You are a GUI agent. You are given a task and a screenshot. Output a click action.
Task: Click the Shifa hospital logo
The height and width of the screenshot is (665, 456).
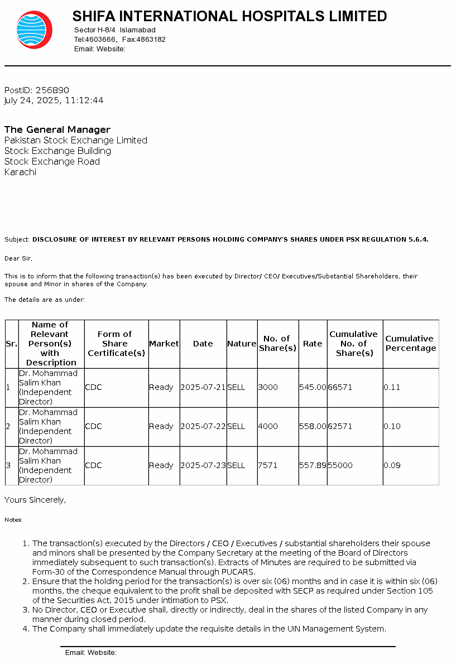pyautogui.click(x=34, y=30)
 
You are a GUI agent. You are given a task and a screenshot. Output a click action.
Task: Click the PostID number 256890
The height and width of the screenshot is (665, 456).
pyautogui.click(x=52, y=90)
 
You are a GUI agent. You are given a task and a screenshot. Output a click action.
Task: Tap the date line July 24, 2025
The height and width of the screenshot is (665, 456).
pyautogui.click(x=54, y=100)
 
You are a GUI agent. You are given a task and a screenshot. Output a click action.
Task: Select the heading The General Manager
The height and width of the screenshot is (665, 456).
pyautogui.click(x=57, y=130)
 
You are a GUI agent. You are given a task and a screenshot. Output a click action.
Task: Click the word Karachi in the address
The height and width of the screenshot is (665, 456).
pyautogui.click(x=20, y=172)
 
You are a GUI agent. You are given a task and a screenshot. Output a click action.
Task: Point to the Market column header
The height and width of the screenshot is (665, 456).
pyautogui.click(x=164, y=344)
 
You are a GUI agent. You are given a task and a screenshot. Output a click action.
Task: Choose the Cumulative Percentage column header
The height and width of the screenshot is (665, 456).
pyautogui.click(x=410, y=344)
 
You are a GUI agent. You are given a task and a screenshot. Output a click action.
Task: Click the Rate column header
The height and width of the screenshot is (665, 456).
pyautogui.click(x=313, y=344)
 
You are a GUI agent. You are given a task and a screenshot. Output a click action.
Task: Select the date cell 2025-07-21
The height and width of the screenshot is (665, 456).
pyautogui.click(x=203, y=388)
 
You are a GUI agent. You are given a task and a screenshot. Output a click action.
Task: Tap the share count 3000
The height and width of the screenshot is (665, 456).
pyautogui.click(x=268, y=388)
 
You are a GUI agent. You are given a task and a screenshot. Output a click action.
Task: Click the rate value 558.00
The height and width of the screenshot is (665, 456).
pyautogui.click(x=313, y=427)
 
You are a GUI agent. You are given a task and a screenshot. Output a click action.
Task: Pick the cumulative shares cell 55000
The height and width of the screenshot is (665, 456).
pyautogui.click(x=340, y=466)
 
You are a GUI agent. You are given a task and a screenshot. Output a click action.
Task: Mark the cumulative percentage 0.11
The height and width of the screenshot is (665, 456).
pyautogui.click(x=392, y=388)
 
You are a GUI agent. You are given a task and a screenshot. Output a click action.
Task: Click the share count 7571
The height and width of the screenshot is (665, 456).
pyautogui.click(x=268, y=466)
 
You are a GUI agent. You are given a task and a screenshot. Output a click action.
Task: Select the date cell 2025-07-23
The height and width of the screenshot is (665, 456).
pyautogui.click(x=203, y=466)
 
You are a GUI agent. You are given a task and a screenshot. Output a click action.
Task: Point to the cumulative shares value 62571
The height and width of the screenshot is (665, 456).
pyautogui.click(x=340, y=427)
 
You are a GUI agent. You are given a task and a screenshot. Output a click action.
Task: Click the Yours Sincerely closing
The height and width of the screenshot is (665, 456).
pyautogui.click(x=35, y=500)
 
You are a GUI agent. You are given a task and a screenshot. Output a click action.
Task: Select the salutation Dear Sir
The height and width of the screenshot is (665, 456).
pyautogui.click(x=18, y=259)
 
